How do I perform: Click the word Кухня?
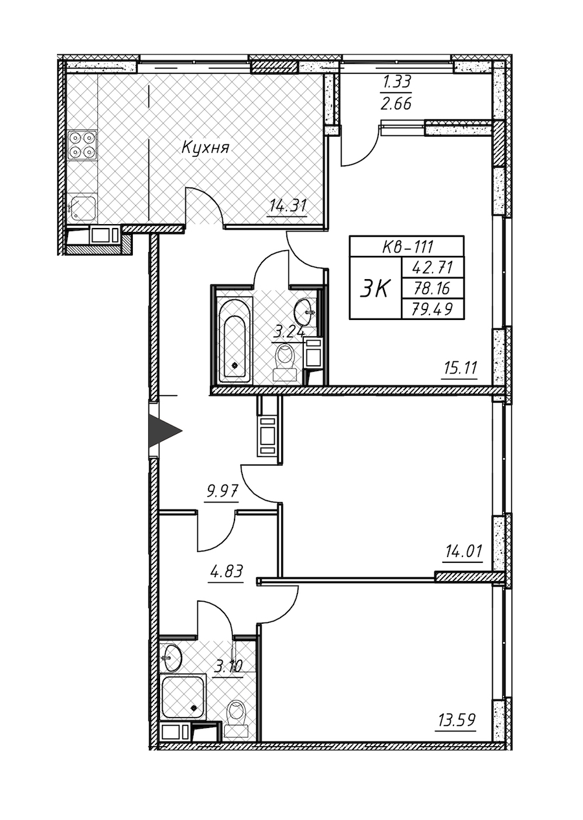[205, 148]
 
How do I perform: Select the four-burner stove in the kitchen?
[82, 145]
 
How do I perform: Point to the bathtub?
[234, 341]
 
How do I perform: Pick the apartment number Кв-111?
[407, 247]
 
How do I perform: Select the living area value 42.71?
[433, 268]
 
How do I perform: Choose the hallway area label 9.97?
[222, 490]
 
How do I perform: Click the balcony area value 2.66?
[397, 104]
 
